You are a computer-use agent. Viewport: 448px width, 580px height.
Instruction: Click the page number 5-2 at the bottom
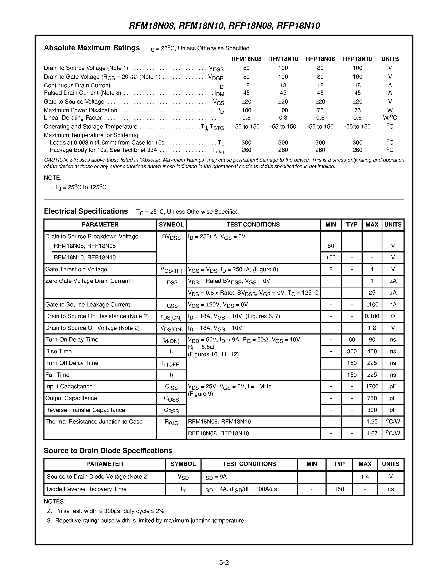(224, 562)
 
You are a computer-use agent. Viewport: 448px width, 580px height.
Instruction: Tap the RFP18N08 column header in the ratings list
(320, 59)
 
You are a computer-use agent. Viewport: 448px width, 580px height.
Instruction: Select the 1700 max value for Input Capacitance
(372, 386)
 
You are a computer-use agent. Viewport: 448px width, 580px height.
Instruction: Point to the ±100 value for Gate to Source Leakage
(372, 304)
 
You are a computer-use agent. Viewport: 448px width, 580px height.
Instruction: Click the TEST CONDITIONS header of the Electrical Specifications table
(253, 224)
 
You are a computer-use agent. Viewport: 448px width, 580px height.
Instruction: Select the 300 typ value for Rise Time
(352, 351)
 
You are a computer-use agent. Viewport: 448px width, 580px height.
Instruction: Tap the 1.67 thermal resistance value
(372, 433)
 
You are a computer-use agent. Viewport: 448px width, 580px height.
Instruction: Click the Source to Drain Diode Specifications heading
(108, 451)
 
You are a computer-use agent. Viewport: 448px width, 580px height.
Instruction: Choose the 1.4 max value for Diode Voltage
(365, 477)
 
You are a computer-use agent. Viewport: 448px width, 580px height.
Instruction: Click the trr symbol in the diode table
(183, 490)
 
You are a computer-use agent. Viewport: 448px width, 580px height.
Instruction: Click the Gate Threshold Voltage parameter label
(76, 269)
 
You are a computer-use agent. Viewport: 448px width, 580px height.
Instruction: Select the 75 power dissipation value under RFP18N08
(320, 110)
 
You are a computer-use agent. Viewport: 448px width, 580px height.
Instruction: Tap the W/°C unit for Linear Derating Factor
(390, 118)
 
